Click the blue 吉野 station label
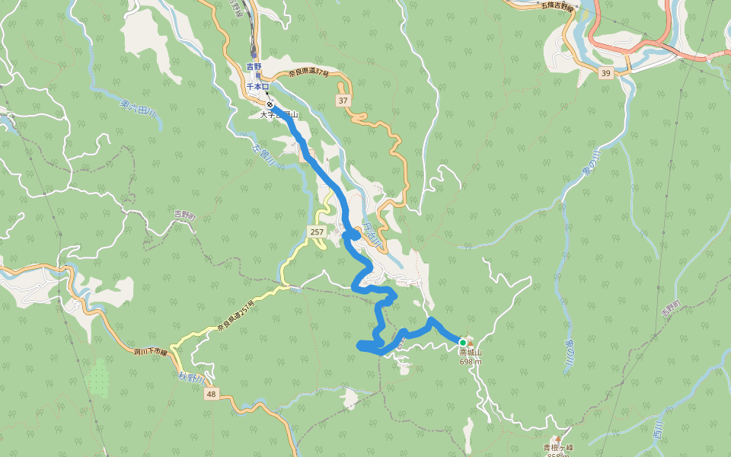[254, 67]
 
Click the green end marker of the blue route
[462, 343]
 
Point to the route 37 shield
[343, 101]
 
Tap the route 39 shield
[605, 73]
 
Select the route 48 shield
[211, 394]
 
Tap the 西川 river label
[659, 430]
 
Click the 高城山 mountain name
[470, 353]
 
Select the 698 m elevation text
[470, 363]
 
